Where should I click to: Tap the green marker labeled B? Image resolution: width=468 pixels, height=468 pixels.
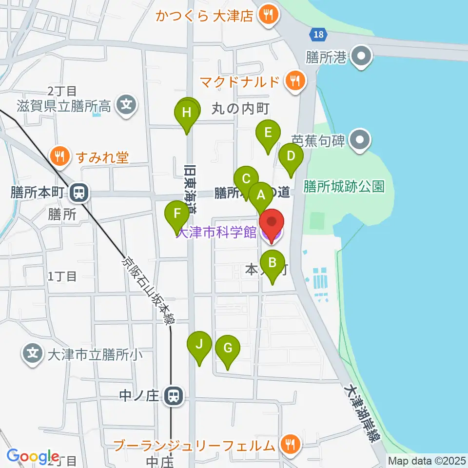tap(272, 263)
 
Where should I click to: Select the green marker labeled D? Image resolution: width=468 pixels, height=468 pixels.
tap(291, 156)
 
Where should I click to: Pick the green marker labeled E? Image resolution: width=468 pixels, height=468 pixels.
tap(268, 133)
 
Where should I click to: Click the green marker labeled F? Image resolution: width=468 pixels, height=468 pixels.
tap(177, 214)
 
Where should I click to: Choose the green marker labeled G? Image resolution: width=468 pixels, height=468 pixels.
tap(228, 349)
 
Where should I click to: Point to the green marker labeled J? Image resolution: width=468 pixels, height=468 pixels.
tap(199, 345)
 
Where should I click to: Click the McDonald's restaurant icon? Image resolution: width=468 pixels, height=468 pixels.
tap(294, 80)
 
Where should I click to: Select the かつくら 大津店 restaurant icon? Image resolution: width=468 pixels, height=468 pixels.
tap(268, 16)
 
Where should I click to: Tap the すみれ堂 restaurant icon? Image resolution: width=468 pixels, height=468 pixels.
tap(60, 157)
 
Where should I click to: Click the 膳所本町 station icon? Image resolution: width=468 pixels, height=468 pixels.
tap(77, 193)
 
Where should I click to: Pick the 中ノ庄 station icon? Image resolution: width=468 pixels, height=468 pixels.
tap(172, 395)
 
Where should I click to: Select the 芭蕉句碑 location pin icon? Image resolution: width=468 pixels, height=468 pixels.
tap(360, 141)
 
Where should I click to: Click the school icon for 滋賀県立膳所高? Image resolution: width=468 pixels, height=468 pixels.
tap(127, 104)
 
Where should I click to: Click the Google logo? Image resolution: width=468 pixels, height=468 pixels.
tap(33, 456)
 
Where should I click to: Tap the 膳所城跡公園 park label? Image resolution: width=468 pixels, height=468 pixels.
tap(344, 186)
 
